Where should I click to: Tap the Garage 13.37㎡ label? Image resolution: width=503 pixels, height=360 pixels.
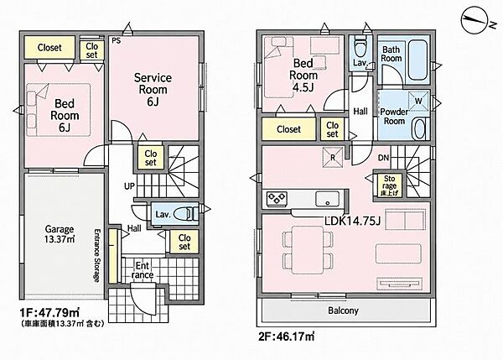60,234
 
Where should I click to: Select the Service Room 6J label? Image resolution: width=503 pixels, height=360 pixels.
153,89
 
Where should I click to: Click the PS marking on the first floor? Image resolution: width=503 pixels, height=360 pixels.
117,41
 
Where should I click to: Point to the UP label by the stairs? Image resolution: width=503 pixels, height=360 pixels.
129,186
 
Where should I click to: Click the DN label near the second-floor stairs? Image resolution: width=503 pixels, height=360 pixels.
383,158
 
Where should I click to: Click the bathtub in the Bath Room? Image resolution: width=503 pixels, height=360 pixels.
417,60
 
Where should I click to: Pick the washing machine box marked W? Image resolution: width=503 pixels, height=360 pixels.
418,101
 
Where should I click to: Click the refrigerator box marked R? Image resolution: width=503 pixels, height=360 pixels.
333,158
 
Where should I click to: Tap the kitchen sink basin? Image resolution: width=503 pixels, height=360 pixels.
327,199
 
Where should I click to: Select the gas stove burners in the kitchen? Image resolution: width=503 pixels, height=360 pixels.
277,199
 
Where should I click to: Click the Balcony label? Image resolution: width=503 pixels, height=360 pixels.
343,310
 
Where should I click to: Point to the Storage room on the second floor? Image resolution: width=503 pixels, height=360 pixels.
389,185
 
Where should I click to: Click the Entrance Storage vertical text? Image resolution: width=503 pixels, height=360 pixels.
97,256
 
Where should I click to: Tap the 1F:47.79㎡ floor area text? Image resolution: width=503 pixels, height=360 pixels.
49,312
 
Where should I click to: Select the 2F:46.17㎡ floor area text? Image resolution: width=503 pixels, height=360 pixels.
287,337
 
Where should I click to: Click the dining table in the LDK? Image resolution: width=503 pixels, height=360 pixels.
308,249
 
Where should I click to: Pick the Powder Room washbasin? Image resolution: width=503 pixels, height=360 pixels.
420,128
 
